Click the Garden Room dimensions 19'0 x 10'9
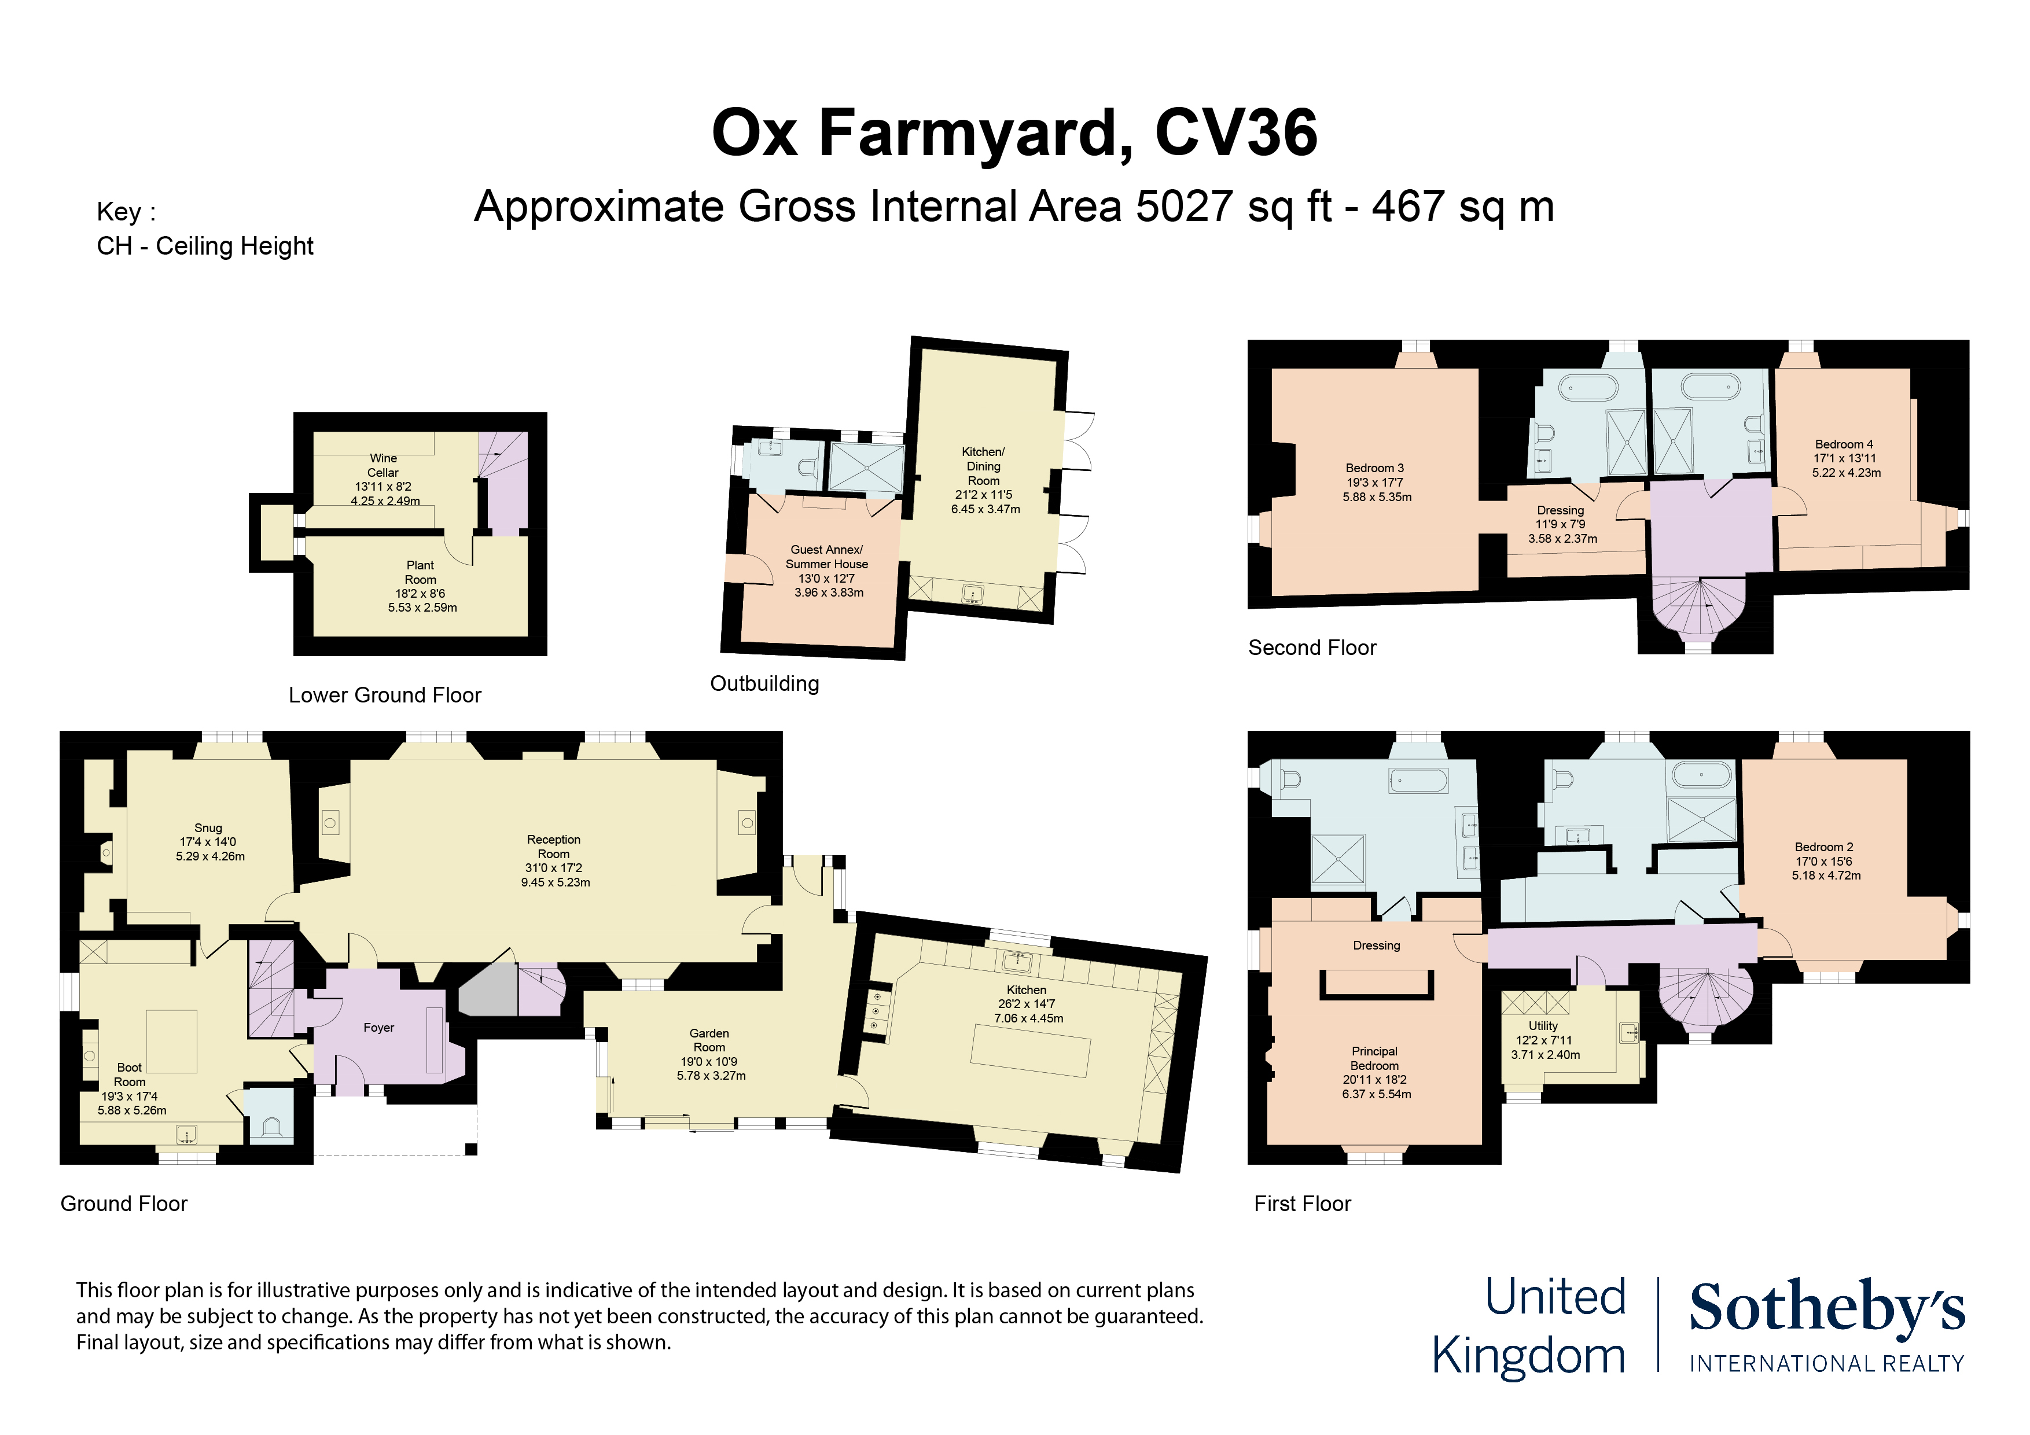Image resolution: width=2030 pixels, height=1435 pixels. coord(708,1062)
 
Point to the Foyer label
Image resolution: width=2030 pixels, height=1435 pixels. coord(378,1028)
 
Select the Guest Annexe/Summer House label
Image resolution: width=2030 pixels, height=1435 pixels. coord(827,556)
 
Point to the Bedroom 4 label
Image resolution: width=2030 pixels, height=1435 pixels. coord(1844,444)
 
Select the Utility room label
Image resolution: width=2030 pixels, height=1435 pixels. coord(1543,1026)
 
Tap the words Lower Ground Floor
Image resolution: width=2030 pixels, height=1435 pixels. coord(385,695)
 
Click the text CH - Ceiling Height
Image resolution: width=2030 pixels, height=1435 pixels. coord(205,246)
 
